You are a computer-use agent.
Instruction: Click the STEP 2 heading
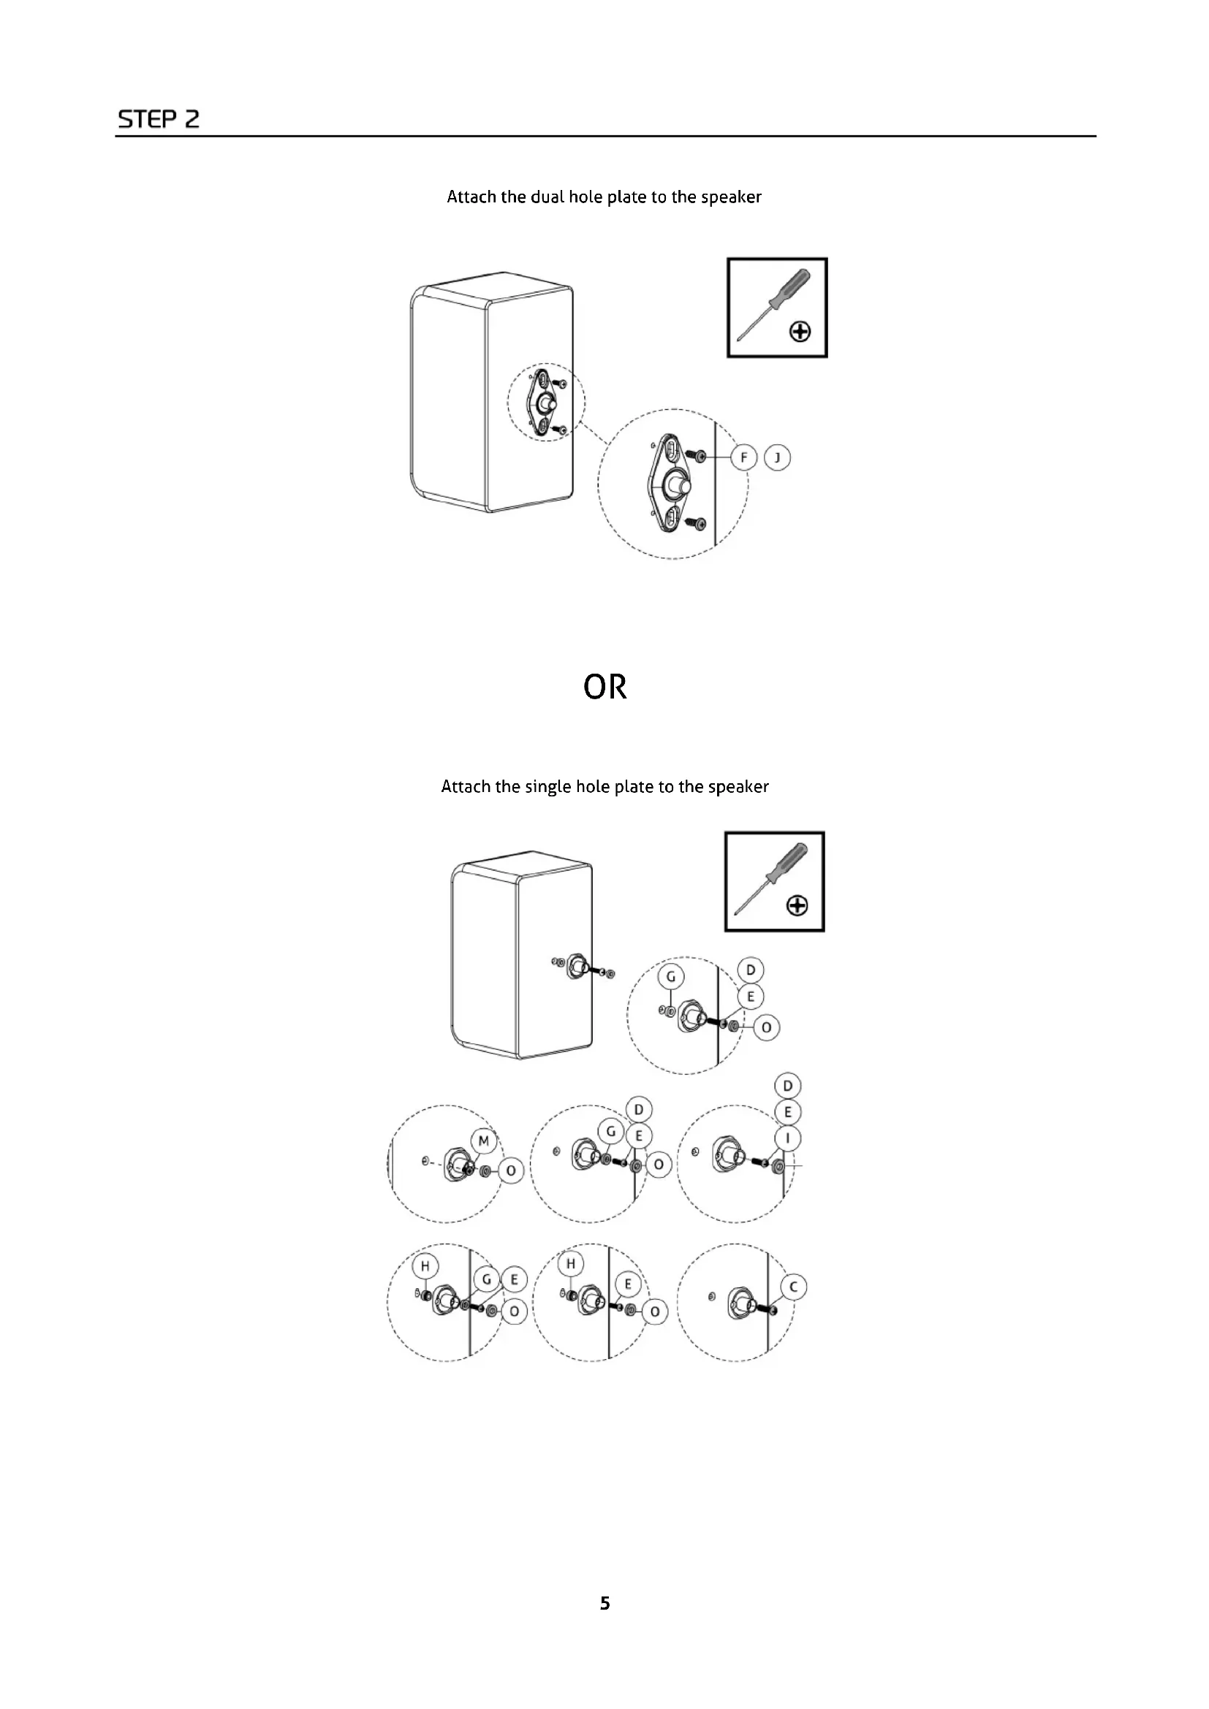pyautogui.click(x=159, y=119)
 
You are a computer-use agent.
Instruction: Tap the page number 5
pyautogui.click(x=604, y=1602)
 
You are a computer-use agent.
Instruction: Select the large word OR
pyautogui.click(x=604, y=687)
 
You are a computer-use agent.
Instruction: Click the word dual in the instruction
pyautogui.click(x=547, y=197)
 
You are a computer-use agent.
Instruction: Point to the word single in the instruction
pyautogui.click(x=549, y=787)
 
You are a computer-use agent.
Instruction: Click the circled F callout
pyautogui.click(x=743, y=457)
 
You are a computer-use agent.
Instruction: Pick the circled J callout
pyautogui.click(x=777, y=457)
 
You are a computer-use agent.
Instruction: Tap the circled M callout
pyautogui.click(x=484, y=1141)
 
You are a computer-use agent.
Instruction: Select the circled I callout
pyautogui.click(x=788, y=1138)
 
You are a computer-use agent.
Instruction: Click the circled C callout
pyautogui.click(x=794, y=1287)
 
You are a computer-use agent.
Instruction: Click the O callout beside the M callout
pyautogui.click(x=512, y=1171)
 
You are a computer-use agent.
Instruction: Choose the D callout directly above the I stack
pyautogui.click(x=788, y=1086)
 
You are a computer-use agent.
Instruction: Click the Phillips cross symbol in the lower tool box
pyautogui.click(x=797, y=906)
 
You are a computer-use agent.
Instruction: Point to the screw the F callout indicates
pyautogui.click(x=699, y=454)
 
